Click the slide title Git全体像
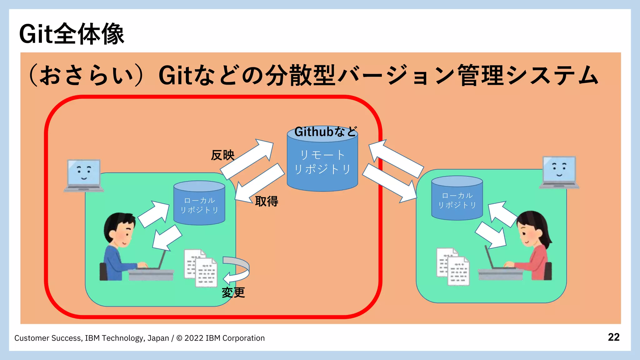point(72,34)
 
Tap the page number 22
point(613,337)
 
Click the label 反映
point(222,155)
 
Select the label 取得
point(267,201)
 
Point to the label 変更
point(233,292)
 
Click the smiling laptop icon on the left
point(84,175)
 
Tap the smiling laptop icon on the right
point(559,172)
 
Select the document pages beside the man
point(201,268)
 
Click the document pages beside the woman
point(453,266)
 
